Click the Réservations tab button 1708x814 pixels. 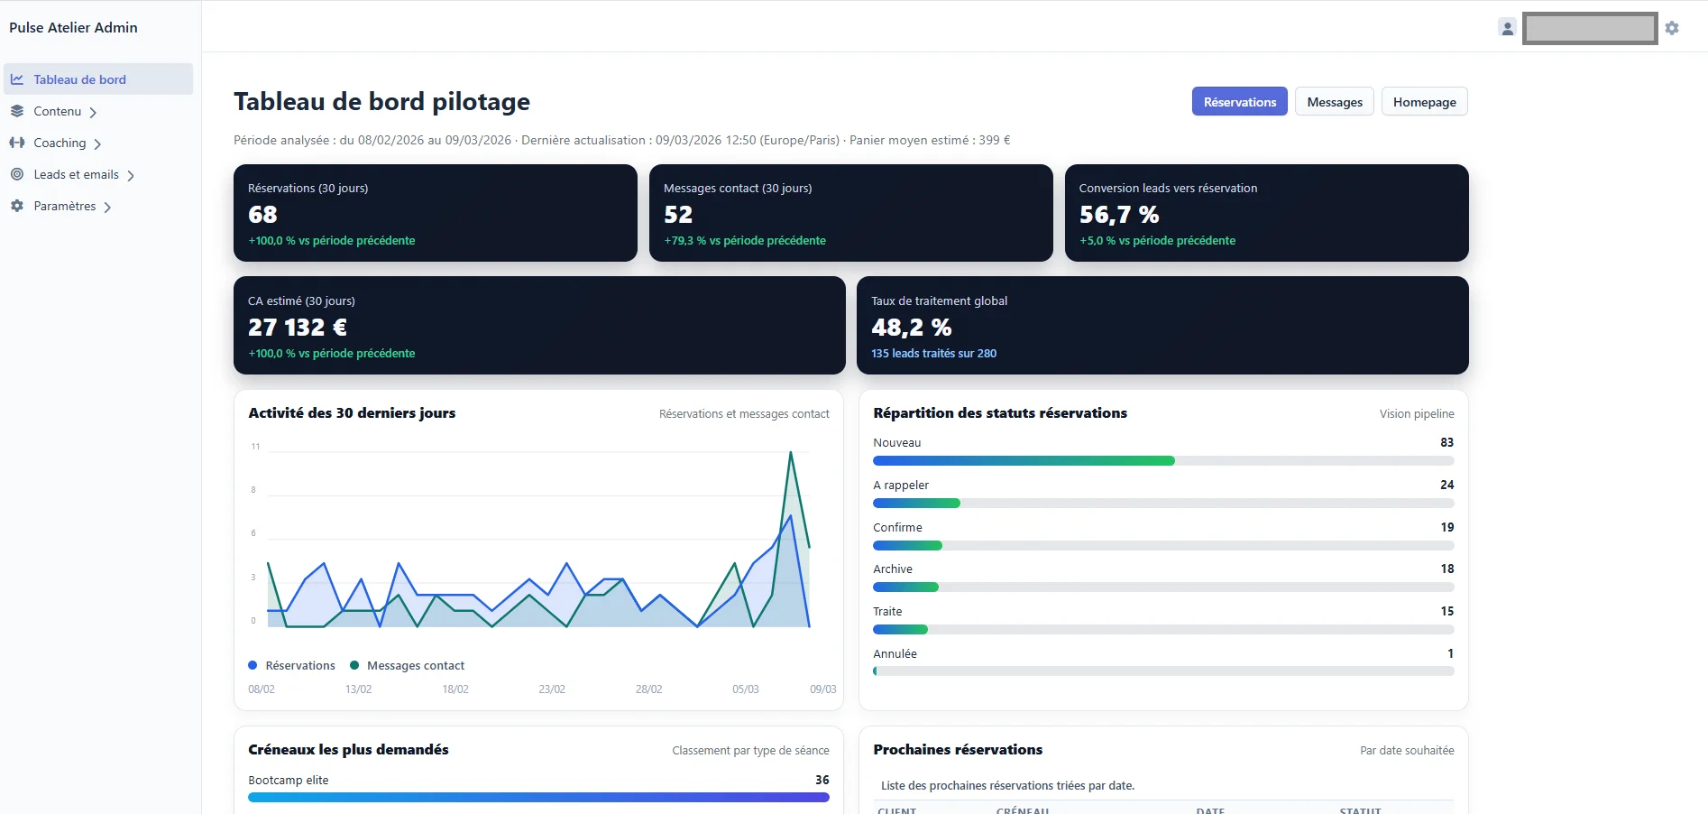[x=1239, y=102]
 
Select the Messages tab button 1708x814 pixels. [x=1335, y=102]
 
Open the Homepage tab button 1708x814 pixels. [x=1424, y=102]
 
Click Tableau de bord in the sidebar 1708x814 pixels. [x=79, y=79]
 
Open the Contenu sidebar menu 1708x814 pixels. [x=58, y=111]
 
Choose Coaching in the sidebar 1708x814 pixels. [x=60, y=143]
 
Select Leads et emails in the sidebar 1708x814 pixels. [x=76, y=174]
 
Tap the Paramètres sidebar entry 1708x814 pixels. [x=64, y=206]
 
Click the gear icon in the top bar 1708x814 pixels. [x=1672, y=28]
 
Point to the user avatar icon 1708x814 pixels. [x=1507, y=28]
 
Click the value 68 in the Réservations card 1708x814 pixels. [x=262, y=215]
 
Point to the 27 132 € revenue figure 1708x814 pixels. [x=298, y=328]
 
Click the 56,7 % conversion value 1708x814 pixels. [x=1119, y=215]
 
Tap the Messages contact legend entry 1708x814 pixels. [x=415, y=666]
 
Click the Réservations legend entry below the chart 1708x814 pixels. [x=299, y=666]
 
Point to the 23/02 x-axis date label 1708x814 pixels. [x=552, y=689]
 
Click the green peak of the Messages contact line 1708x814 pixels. [x=791, y=452]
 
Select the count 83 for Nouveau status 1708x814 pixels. [x=1446, y=442]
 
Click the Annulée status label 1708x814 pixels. [x=895, y=653]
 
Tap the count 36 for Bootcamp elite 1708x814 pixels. [x=822, y=780]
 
